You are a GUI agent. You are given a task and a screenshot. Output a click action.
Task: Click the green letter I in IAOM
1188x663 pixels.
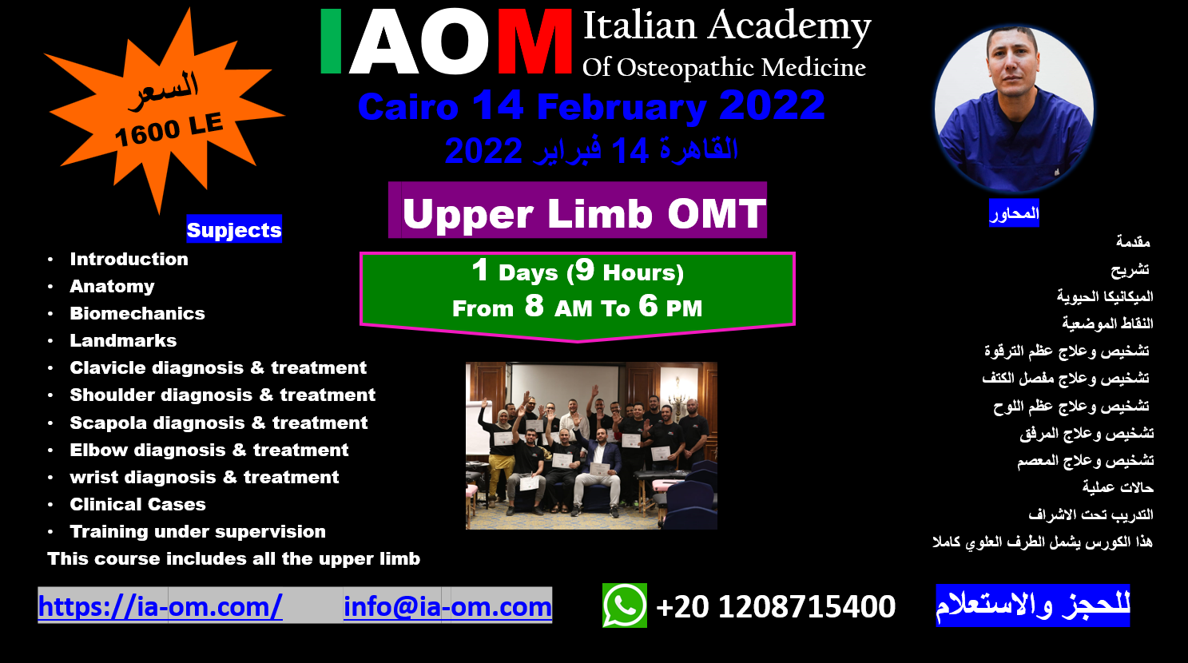331,42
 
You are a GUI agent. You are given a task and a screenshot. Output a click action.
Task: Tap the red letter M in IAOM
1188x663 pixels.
534,42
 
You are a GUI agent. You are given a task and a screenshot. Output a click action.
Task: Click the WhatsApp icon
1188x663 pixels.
625,605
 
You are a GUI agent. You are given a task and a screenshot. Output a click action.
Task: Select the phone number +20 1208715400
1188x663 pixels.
776,606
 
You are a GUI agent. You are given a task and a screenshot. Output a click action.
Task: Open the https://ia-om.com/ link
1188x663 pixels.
160,606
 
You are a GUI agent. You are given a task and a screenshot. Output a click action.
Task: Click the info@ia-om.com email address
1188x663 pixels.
447,606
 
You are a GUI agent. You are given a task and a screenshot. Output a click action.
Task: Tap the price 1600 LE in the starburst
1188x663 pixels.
169,129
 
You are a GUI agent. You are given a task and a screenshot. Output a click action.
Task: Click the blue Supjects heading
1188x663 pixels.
234,229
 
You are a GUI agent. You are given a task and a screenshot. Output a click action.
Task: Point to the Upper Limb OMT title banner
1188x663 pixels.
578,210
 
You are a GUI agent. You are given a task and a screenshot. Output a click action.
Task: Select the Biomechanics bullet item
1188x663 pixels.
137,313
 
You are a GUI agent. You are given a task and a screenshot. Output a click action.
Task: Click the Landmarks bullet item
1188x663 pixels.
123,340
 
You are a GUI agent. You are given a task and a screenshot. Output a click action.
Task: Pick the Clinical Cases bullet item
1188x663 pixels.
138,504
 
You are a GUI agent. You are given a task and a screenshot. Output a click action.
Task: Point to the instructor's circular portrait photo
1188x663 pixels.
1014,108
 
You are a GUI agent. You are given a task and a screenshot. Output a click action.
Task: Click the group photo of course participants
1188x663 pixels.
591,446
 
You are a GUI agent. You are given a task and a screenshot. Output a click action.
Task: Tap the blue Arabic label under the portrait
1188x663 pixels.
1014,213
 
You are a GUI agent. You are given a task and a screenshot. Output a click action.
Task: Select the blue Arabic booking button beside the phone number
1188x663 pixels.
1032,605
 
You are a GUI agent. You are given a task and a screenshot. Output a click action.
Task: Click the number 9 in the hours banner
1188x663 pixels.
585,270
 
